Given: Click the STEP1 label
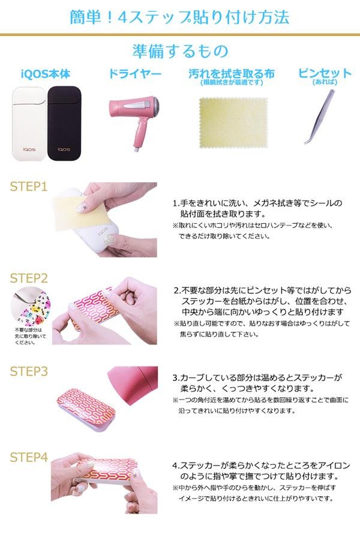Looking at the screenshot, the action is click(x=29, y=187).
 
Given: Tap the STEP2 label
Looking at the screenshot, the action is click(x=29, y=278).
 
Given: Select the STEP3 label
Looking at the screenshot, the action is click(x=29, y=371).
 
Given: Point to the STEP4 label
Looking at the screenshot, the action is click(x=29, y=457).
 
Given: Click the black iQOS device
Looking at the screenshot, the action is click(x=64, y=123).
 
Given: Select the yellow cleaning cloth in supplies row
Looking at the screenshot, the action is click(x=233, y=122).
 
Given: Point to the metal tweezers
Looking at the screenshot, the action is click(x=319, y=116).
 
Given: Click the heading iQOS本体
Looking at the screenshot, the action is click(x=46, y=74).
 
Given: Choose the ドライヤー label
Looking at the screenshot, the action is click(x=134, y=74).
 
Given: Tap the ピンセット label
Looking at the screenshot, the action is click(x=325, y=73).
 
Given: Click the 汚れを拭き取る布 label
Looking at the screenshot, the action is click(x=232, y=73).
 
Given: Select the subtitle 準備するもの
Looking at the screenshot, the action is click(x=180, y=51).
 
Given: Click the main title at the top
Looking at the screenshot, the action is click(x=179, y=17).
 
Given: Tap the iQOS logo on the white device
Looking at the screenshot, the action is click(x=29, y=149).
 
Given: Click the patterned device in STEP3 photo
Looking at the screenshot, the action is click(x=86, y=408).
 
